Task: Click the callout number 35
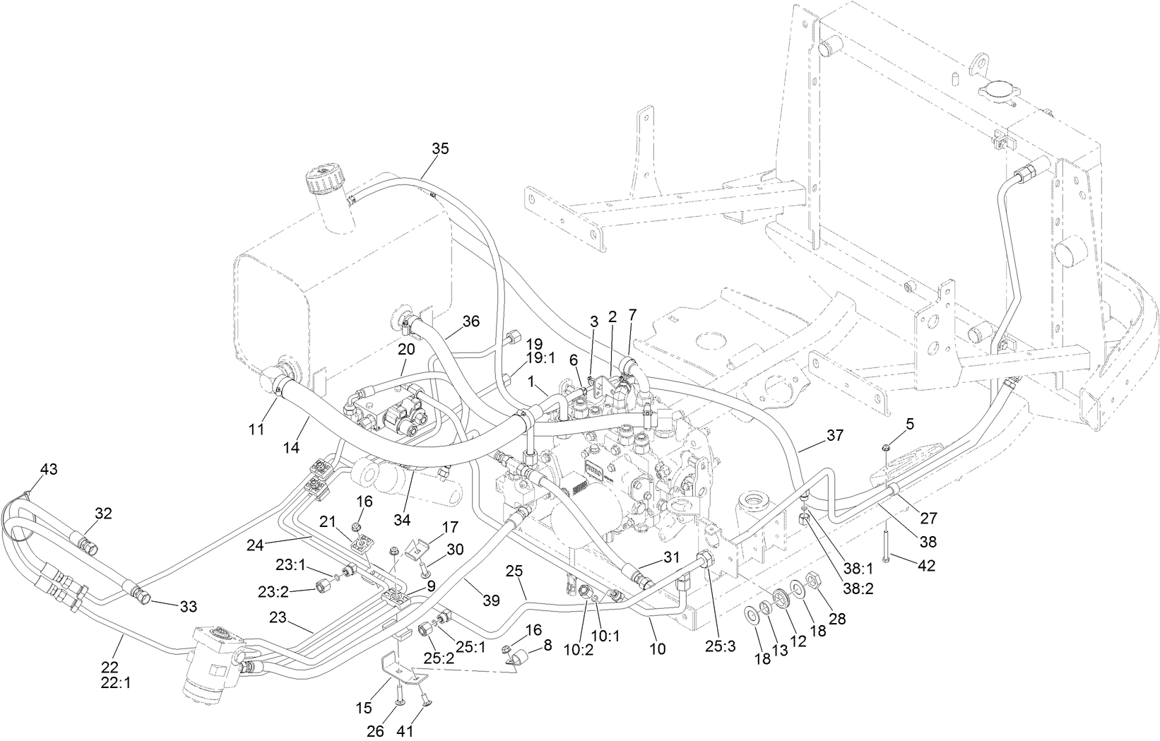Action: (x=440, y=148)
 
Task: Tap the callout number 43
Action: (x=49, y=469)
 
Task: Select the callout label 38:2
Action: (x=858, y=588)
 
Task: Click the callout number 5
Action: (x=910, y=424)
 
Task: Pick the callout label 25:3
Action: (x=720, y=647)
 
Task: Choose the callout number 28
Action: (x=837, y=618)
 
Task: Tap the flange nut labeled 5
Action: (x=885, y=447)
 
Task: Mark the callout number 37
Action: (x=835, y=436)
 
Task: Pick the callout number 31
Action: (x=671, y=557)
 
